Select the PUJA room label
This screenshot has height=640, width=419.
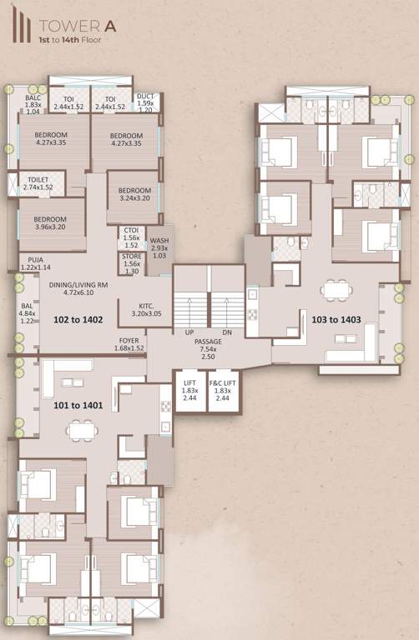(x=35, y=263)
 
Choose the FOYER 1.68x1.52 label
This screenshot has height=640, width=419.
(x=129, y=344)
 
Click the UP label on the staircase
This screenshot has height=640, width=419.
(x=189, y=332)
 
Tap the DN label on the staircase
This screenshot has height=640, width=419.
(x=226, y=332)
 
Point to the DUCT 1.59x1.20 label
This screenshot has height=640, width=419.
(x=145, y=102)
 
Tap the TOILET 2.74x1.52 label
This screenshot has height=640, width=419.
(x=38, y=183)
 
